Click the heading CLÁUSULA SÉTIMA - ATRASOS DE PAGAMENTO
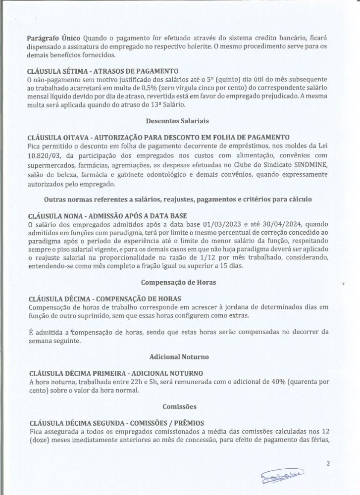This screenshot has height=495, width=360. click(103, 71)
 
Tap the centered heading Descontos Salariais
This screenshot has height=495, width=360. click(180, 120)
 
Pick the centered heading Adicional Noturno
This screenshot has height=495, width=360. click(180, 356)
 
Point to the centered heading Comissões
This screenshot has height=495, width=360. click(180, 406)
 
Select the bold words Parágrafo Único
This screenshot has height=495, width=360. click(54, 38)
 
